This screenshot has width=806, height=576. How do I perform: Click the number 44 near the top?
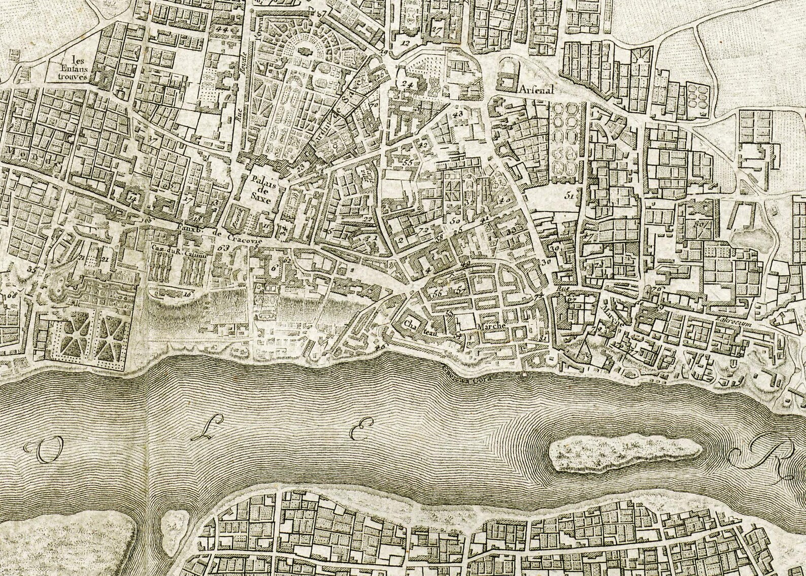click(221, 29)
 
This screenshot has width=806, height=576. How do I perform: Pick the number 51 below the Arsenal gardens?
click(568, 194)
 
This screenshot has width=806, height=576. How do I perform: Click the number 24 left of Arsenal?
click(406, 84)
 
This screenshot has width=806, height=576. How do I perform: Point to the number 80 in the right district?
click(699, 223)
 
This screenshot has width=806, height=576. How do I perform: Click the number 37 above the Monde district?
click(151, 139)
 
